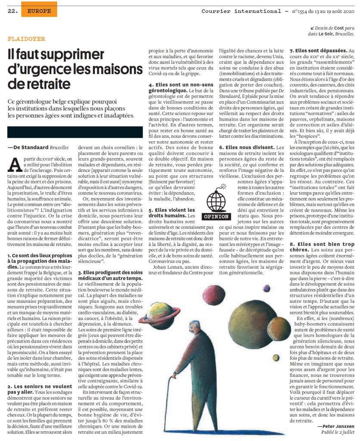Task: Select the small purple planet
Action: tap(267, 288)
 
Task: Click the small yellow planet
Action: tap(276, 357)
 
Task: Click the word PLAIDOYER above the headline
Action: tap(26, 39)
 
